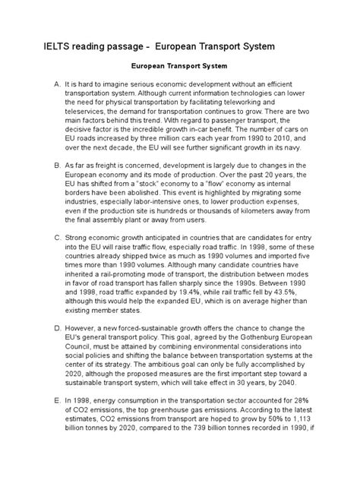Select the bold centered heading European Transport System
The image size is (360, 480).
pyautogui.click(x=180, y=66)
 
